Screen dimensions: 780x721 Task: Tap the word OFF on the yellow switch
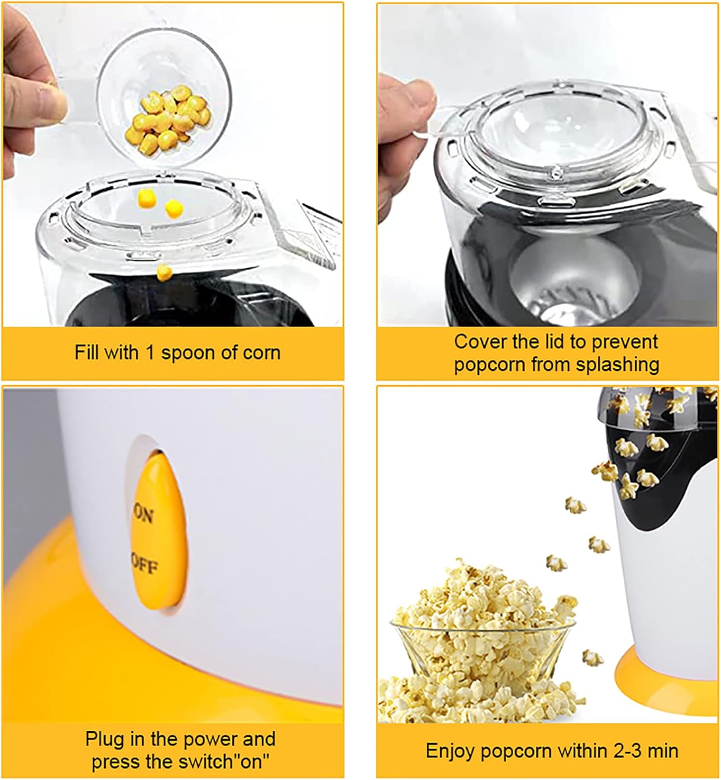(144, 565)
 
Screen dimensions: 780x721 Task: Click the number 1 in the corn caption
(150, 353)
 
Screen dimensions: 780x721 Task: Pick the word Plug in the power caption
(104, 739)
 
